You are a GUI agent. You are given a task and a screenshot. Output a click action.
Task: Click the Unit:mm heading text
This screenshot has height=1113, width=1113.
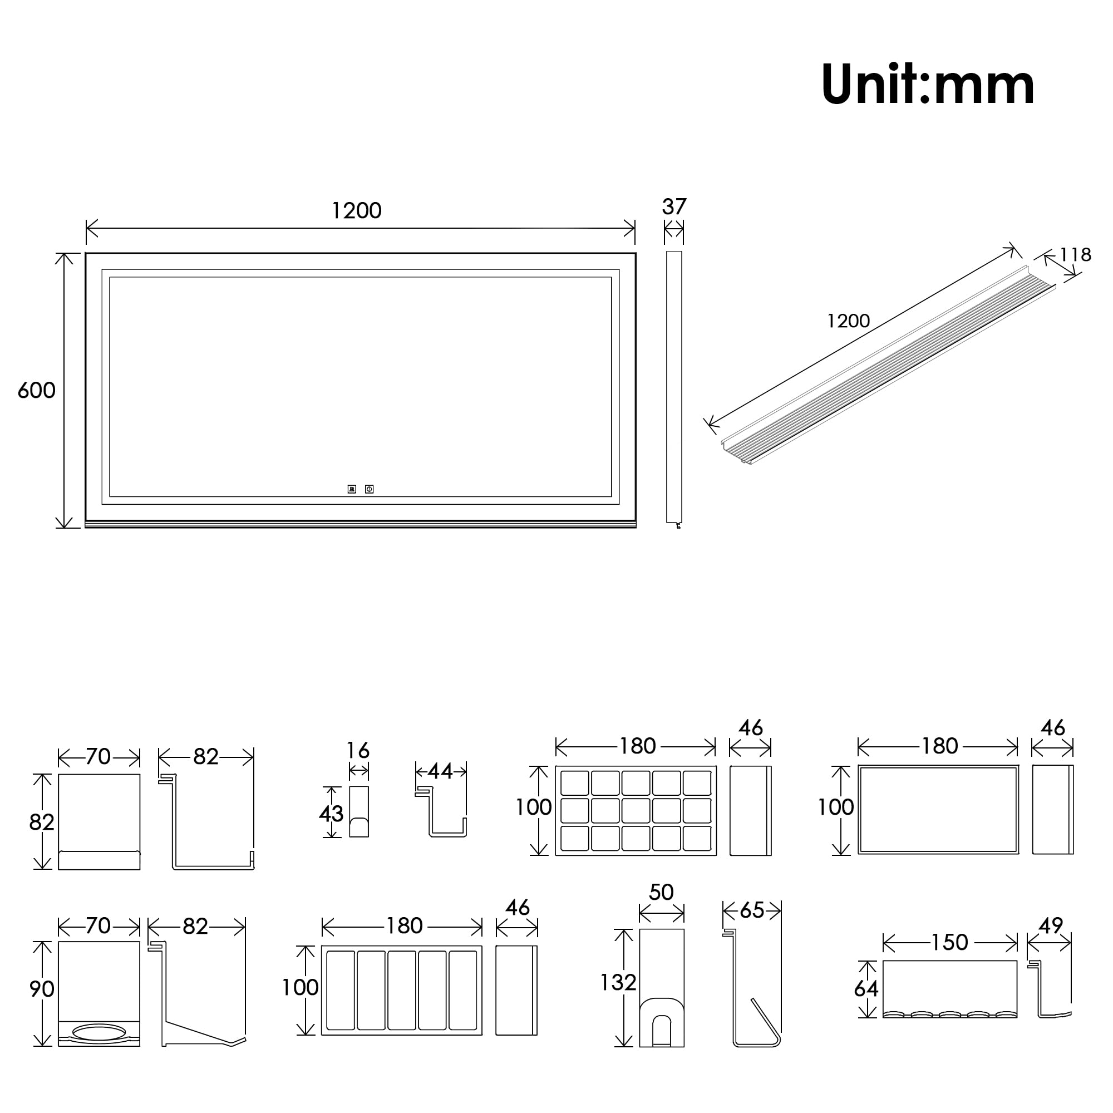pos(928,85)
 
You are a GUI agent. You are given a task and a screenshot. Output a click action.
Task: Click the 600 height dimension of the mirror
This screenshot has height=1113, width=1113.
pos(36,391)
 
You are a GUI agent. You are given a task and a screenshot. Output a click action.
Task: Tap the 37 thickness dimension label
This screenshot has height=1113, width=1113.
pos(674,207)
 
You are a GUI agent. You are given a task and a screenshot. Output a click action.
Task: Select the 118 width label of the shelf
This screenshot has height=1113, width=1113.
pos(1075,255)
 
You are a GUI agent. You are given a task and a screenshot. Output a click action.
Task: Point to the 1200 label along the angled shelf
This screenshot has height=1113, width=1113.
pos(848,321)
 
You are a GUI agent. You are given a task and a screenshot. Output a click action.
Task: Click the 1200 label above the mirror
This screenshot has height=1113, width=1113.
pos(357,211)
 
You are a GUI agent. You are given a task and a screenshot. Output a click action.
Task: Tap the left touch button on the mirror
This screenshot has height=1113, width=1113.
pos(352,489)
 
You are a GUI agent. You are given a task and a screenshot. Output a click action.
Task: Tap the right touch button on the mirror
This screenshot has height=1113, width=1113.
pos(370,489)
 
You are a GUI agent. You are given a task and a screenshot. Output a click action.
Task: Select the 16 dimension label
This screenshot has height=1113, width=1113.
pos(358,751)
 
